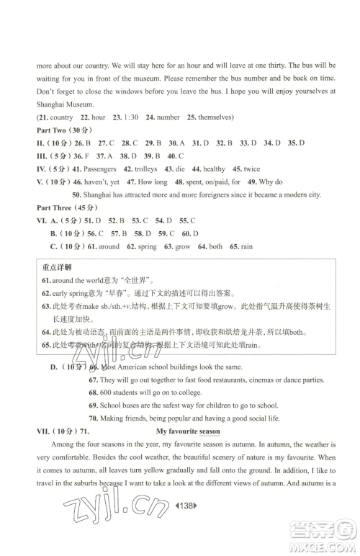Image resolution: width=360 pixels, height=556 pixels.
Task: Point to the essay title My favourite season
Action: (188, 431)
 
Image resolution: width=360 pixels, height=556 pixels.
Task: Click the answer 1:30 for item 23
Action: (131, 117)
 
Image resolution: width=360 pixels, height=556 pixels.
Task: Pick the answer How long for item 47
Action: (151, 181)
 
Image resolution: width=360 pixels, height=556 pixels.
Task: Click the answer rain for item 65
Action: (246, 246)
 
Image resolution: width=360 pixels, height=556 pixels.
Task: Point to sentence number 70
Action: (93, 418)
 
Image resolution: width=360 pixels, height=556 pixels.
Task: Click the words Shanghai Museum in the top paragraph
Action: (60, 104)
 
